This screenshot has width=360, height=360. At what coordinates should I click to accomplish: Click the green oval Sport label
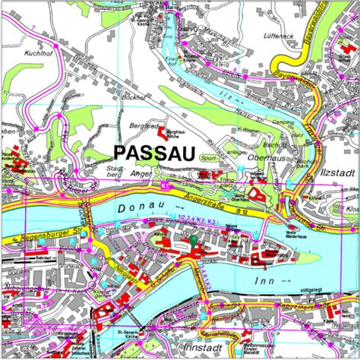pyautogui.click(x=207, y=156)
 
